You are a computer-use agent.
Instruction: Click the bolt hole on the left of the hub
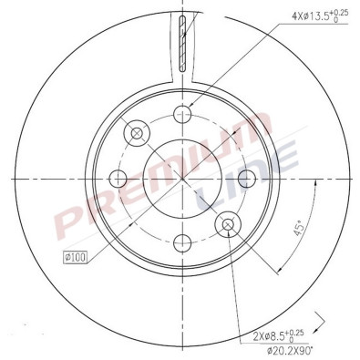coord(118,178)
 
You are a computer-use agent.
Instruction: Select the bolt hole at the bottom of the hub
coord(183,242)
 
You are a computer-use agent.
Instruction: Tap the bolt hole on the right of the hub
coord(247,178)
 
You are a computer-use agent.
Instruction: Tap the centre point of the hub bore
coord(183,178)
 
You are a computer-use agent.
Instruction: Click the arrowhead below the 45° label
coord(275,269)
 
